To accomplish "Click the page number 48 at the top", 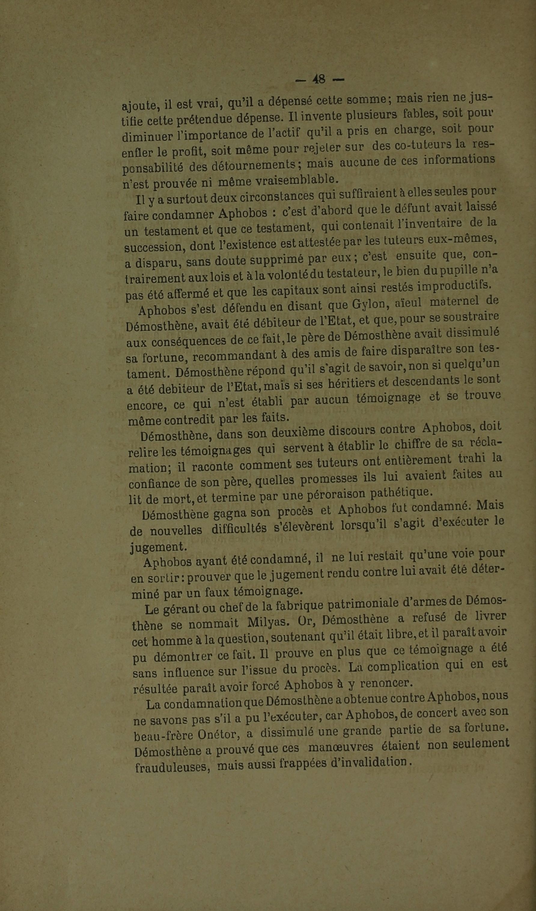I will pos(319,79).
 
